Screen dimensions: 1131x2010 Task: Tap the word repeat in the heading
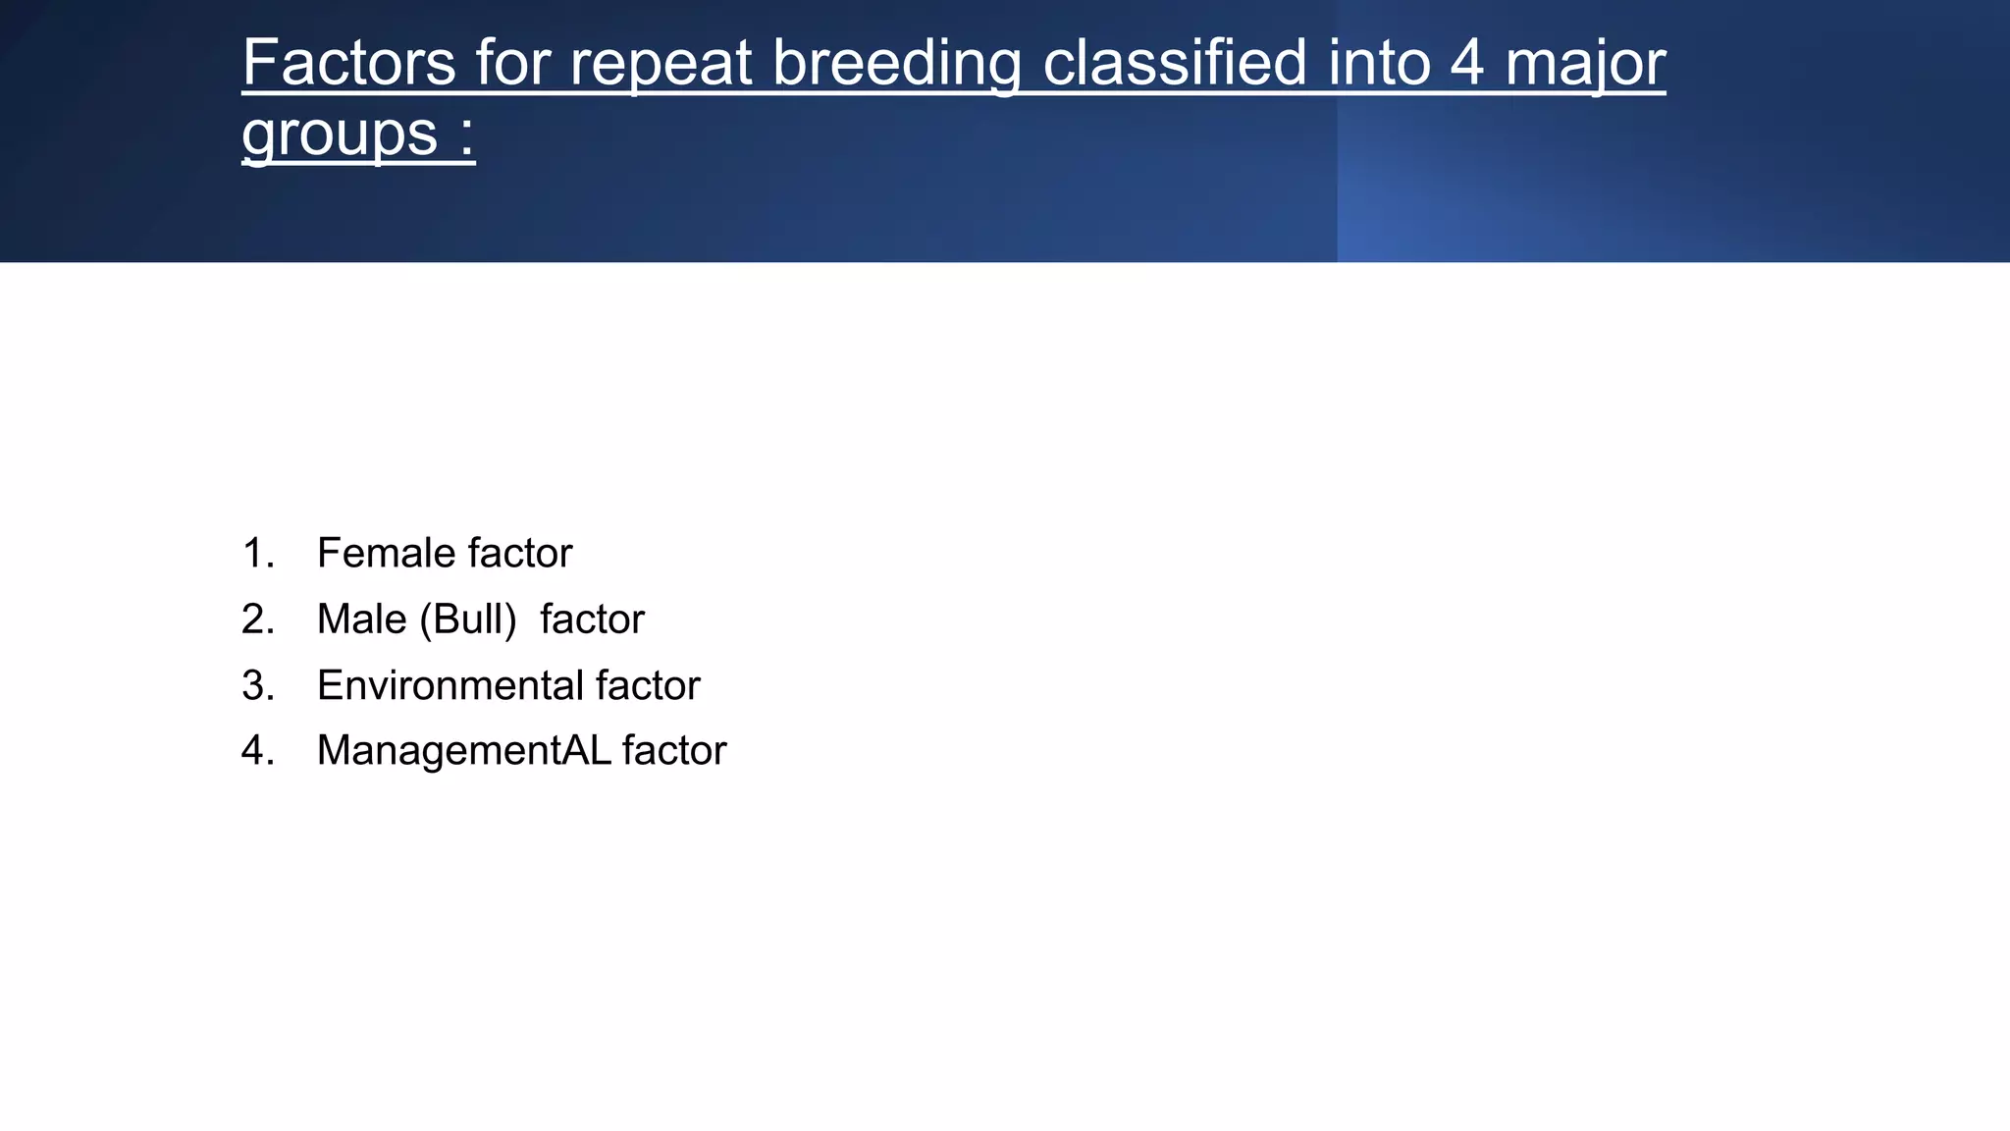(x=661, y=65)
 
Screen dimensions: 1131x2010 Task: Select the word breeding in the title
(x=896, y=65)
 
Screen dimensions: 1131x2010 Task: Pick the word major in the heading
(x=1585, y=65)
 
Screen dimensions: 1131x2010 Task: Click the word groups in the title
(x=340, y=135)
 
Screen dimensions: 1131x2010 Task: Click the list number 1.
(x=256, y=553)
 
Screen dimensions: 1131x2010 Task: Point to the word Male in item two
(x=361, y=619)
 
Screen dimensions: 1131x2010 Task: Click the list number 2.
(x=257, y=619)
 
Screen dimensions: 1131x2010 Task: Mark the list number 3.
(x=257, y=684)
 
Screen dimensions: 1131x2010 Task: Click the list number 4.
(x=257, y=750)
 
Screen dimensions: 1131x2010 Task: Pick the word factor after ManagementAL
(x=673, y=750)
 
